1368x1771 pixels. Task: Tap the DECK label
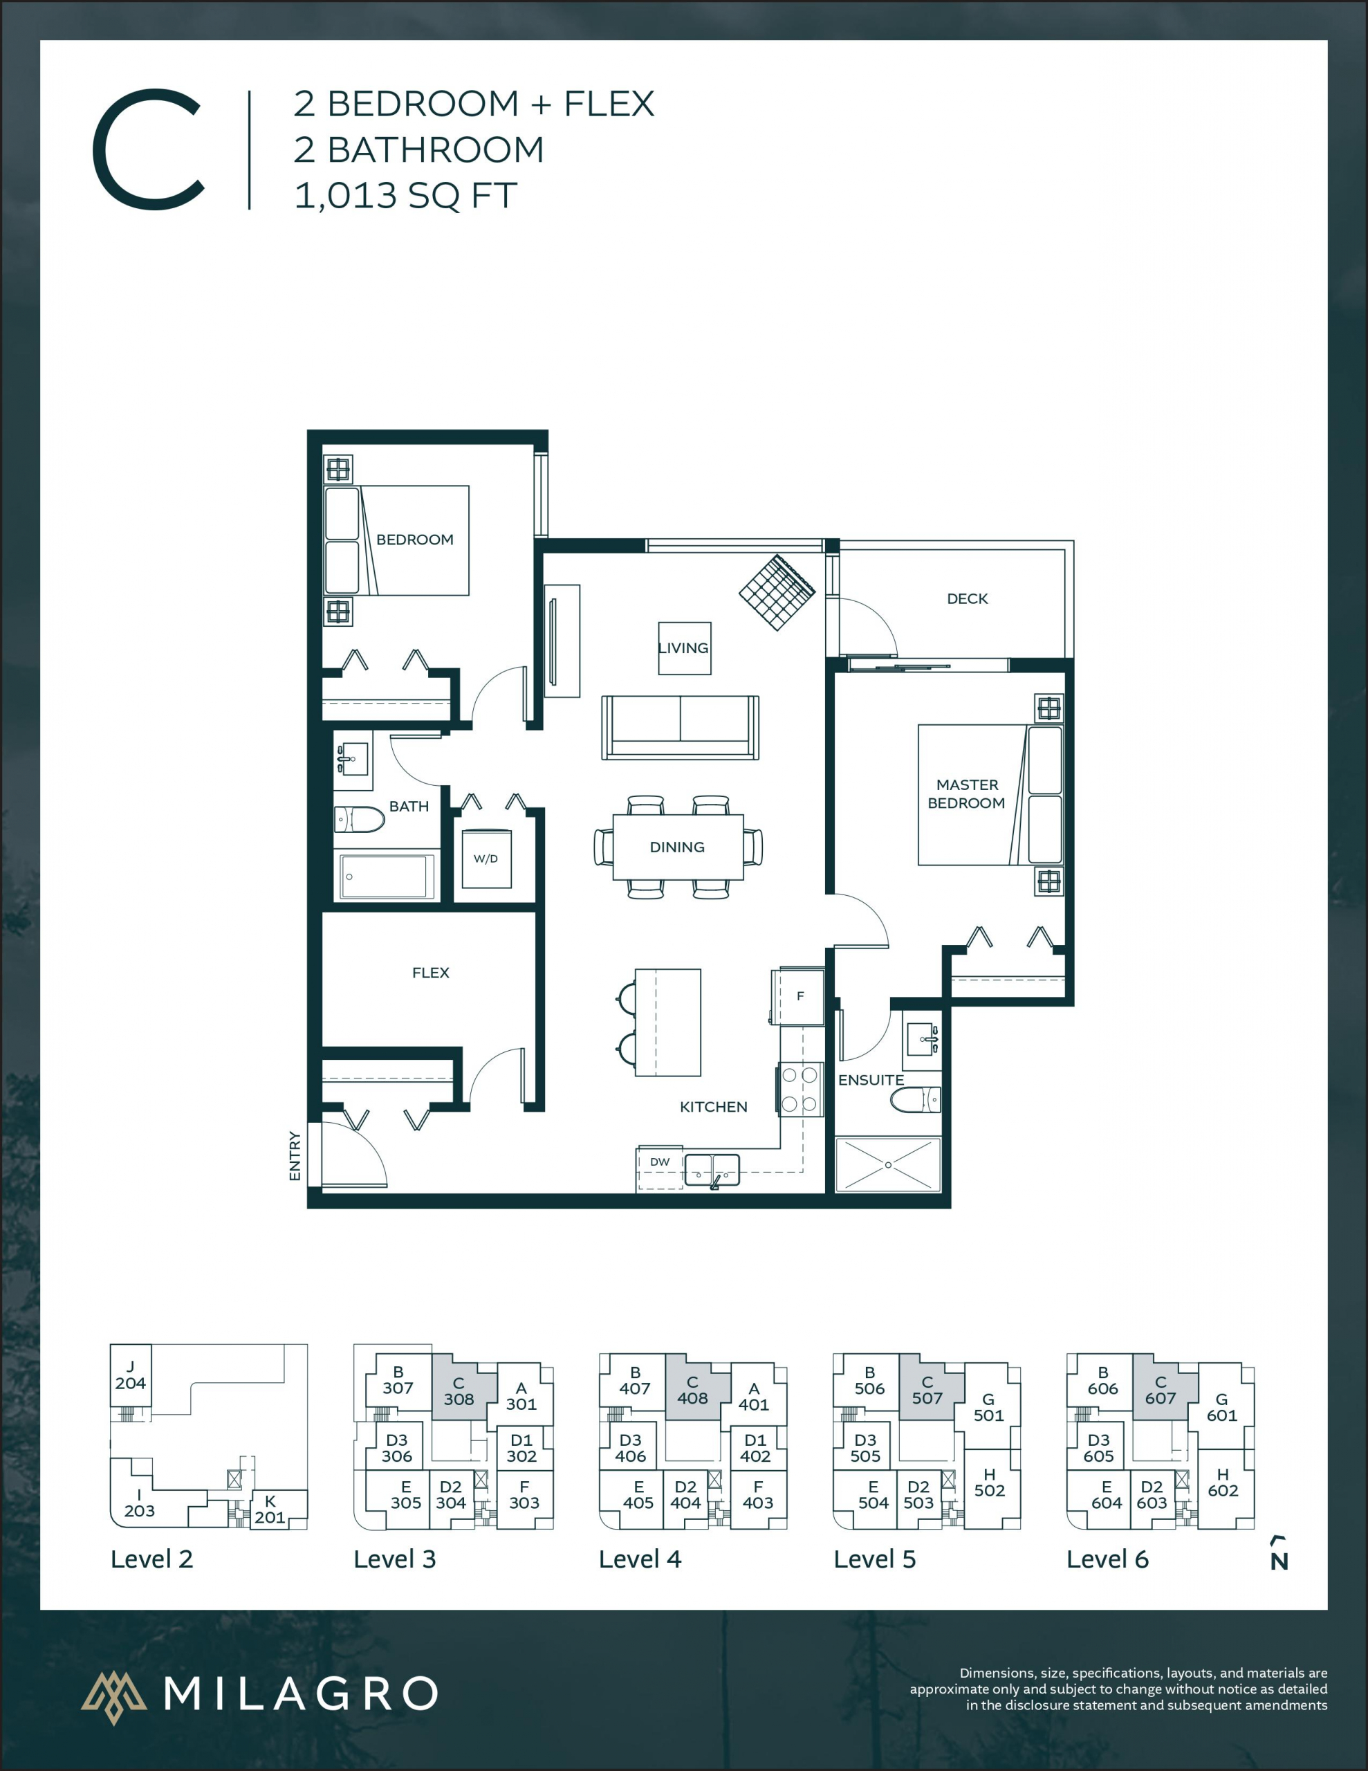point(967,598)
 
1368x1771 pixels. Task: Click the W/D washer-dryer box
point(486,859)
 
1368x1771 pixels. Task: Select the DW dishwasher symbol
point(659,1162)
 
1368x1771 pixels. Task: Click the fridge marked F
point(799,995)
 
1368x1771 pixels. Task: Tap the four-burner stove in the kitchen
point(800,1089)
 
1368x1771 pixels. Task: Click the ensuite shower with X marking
point(888,1165)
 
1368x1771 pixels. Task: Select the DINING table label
point(677,847)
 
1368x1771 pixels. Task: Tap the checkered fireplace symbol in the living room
point(776,592)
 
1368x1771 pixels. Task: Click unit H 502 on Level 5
point(988,1483)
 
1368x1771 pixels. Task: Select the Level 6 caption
point(1107,1559)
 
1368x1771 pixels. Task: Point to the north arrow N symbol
point(1279,1553)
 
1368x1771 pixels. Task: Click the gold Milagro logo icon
point(113,1697)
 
